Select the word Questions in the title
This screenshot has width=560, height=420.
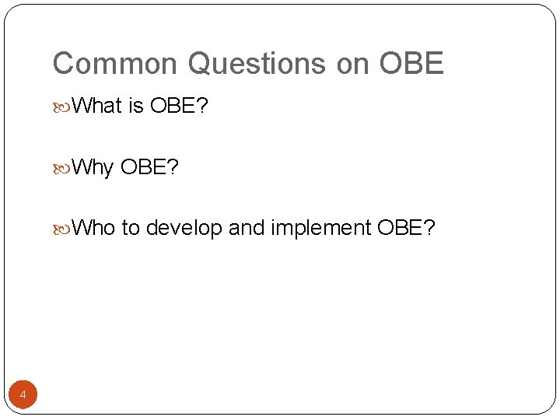point(257,64)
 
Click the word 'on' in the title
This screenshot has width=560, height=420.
point(353,64)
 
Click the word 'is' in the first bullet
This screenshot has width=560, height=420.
point(136,106)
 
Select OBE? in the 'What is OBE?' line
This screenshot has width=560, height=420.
point(179,106)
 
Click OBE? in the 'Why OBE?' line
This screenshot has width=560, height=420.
point(149,167)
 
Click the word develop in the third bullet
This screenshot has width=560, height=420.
point(184,229)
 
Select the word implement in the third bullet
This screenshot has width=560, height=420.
point(320,229)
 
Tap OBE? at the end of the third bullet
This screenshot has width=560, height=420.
point(406,228)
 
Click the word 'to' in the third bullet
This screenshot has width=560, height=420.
point(130,228)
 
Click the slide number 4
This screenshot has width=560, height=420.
point(23,396)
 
